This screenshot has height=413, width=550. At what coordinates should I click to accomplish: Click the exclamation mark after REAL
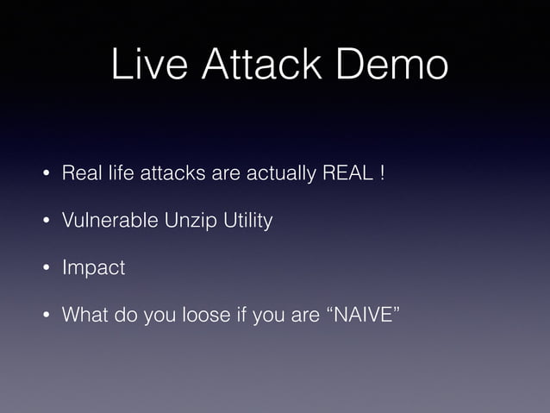point(380,175)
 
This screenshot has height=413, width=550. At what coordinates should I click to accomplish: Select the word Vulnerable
point(108,222)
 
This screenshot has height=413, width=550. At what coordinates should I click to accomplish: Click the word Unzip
point(185,222)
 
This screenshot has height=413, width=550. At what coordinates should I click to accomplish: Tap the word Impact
point(93,268)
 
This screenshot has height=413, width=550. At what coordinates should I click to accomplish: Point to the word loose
point(203,315)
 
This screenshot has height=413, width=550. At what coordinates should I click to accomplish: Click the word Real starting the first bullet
point(78,175)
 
